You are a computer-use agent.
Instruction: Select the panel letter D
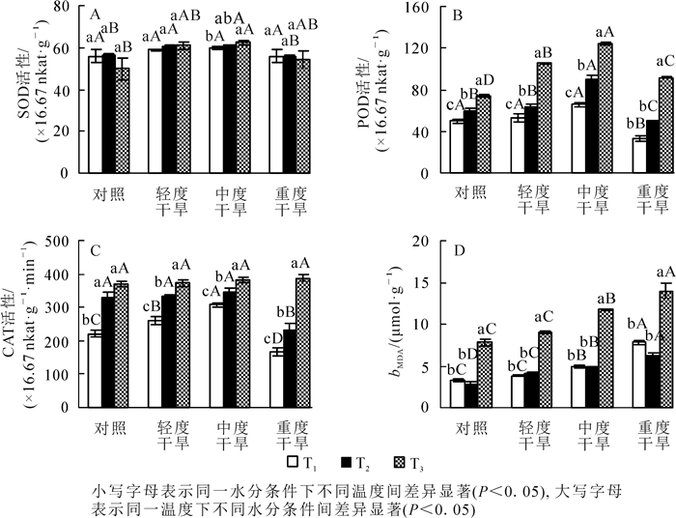(x=459, y=251)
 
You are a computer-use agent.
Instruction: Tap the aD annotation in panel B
(x=484, y=80)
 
